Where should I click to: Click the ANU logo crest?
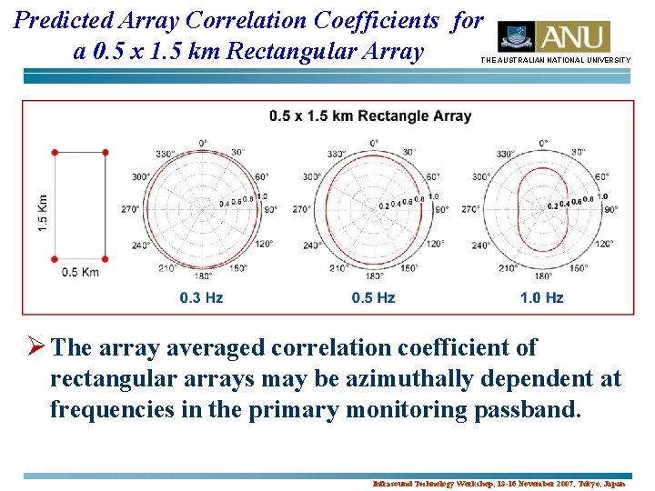pyautogui.click(x=516, y=36)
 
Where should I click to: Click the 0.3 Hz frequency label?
pyautogui.click(x=202, y=297)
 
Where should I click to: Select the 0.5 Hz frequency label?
pyautogui.click(x=373, y=297)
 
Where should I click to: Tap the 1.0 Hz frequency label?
pyautogui.click(x=542, y=297)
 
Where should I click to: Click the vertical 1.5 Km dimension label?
pyautogui.click(x=43, y=211)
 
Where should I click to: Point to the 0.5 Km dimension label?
pyautogui.click(x=80, y=272)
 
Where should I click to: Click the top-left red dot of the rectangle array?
pyautogui.click(x=55, y=152)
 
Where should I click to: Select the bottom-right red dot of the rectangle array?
pyautogui.click(x=105, y=259)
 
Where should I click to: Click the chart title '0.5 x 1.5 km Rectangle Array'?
pyautogui.click(x=370, y=115)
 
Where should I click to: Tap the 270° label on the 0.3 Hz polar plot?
pyautogui.click(x=130, y=209)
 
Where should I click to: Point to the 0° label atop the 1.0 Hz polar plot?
pyautogui.click(x=543, y=143)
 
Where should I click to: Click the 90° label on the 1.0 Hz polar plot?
pyautogui.click(x=610, y=209)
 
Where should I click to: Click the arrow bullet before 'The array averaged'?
pyautogui.click(x=35, y=347)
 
